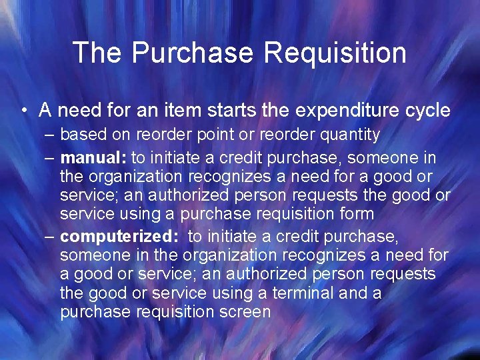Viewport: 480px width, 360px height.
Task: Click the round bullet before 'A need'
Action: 25,110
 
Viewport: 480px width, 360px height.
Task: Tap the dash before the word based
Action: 51,135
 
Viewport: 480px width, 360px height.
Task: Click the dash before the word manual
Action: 51,157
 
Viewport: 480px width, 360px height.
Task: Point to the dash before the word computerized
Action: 51,237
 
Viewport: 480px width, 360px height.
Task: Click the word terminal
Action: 273,293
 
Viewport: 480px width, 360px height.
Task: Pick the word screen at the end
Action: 245,312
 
